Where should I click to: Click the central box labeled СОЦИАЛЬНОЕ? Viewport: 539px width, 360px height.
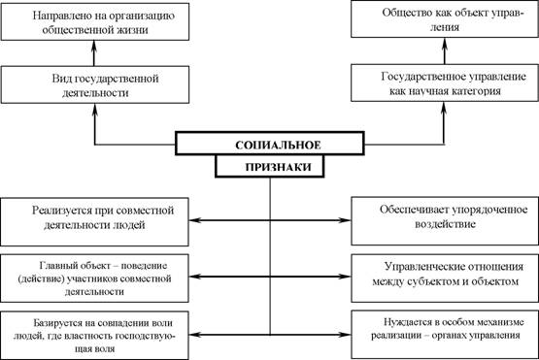point(270,144)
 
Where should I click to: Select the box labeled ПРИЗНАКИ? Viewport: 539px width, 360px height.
point(270,167)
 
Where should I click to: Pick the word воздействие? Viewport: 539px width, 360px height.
point(445,224)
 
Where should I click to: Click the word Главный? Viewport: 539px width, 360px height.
point(56,266)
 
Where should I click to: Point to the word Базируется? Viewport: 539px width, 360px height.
point(58,323)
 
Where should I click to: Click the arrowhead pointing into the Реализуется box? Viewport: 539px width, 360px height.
point(194,220)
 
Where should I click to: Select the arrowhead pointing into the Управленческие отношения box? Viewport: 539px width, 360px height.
point(345,277)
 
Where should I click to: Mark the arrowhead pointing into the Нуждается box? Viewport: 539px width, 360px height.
point(345,334)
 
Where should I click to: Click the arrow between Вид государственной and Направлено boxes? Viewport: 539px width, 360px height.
point(94,53)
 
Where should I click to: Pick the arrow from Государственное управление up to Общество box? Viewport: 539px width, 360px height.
point(445,50)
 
